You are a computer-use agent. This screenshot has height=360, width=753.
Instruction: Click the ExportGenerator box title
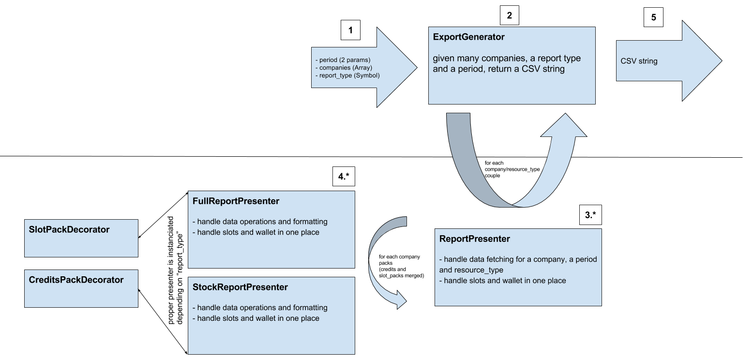(x=468, y=37)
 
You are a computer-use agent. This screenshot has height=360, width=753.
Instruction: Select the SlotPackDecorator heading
(x=69, y=229)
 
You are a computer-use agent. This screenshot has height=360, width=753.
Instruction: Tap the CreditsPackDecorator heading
(x=76, y=280)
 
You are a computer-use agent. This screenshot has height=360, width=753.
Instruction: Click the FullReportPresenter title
(x=236, y=201)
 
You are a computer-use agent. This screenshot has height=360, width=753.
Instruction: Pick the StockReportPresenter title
(x=240, y=287)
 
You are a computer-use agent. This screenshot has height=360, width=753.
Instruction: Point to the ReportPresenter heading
(x=474, y=239)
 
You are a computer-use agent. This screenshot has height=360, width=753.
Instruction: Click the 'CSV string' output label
(x=639, y=61)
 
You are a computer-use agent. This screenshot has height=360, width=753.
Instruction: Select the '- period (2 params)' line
(x=342, y=60)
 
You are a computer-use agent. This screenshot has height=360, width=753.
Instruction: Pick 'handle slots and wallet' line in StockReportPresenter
(x=258, y=318)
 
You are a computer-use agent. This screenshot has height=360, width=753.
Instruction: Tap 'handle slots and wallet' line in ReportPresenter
(x=505, y=281)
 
